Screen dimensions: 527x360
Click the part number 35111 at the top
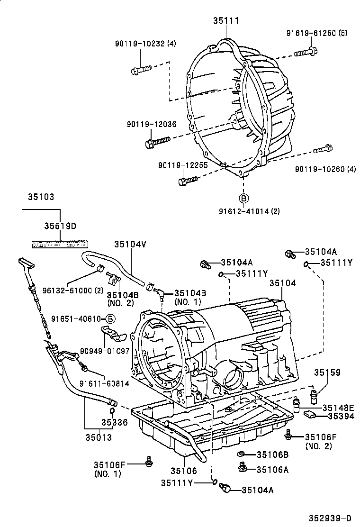click(225, 20)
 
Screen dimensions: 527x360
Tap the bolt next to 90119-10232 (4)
click(141, 70)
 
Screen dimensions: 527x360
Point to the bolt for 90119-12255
click(187, 181)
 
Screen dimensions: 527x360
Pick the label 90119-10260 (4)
click(325, 169)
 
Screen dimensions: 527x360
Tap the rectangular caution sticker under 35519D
click(60, 244)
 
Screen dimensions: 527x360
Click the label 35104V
click(130, 244)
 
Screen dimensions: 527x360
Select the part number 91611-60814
click(104, 383)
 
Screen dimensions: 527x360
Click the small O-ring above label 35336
click(112, 410)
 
